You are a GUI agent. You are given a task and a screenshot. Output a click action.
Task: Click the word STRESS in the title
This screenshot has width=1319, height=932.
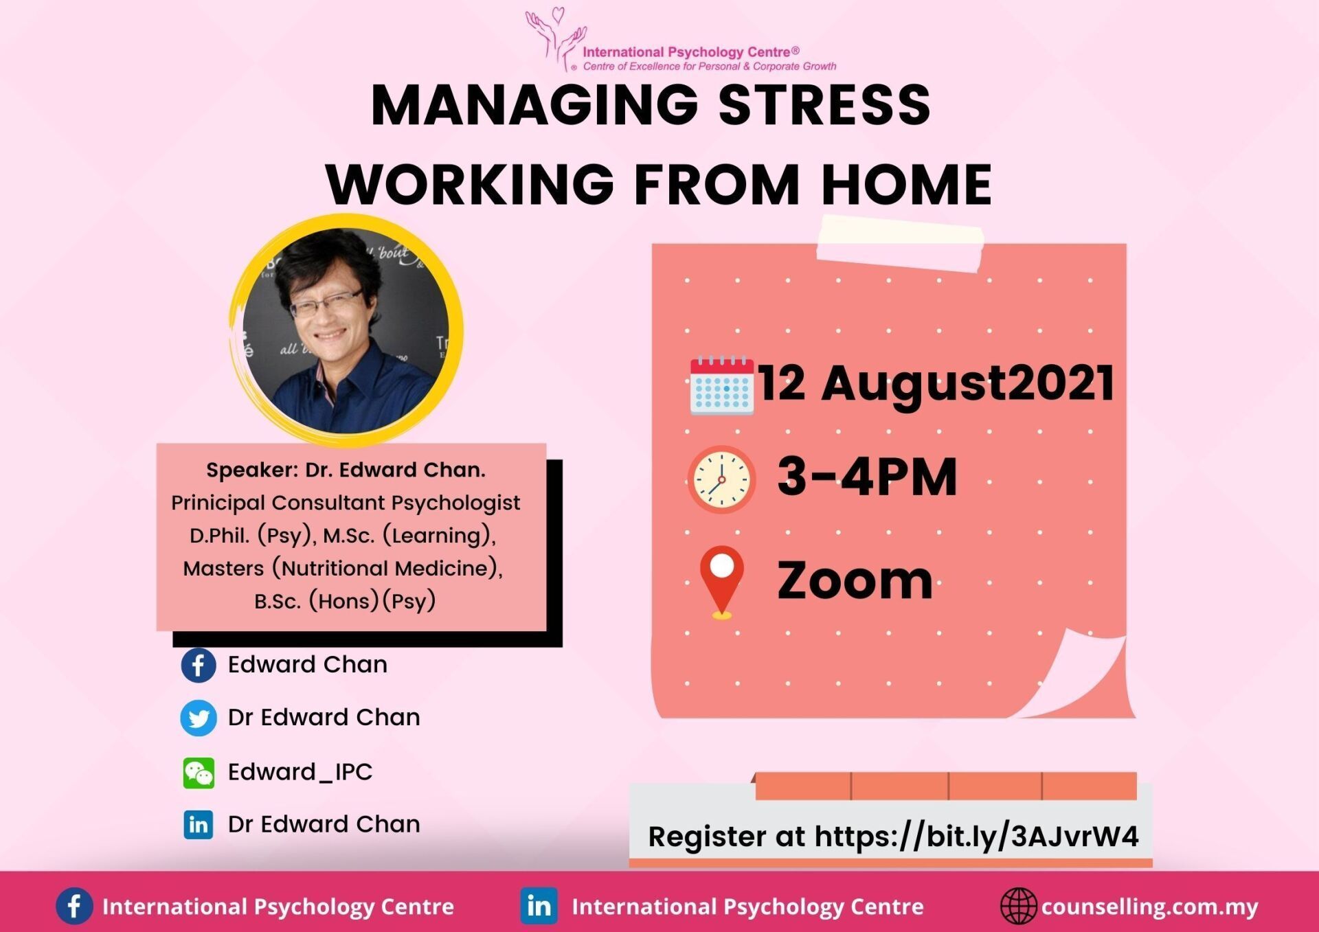[824, 105]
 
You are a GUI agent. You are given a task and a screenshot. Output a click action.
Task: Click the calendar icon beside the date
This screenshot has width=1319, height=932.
[721, 385]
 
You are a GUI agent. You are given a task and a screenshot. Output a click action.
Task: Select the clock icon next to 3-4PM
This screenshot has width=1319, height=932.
[721, 479]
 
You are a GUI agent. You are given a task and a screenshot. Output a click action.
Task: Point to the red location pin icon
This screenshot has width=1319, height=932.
[721, 581]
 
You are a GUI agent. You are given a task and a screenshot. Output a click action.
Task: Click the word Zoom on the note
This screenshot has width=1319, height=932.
[854, 581]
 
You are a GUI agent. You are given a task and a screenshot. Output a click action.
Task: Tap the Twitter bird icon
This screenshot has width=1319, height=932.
[199, 718]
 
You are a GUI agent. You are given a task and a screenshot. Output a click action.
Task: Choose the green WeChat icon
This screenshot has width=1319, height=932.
[199, 773]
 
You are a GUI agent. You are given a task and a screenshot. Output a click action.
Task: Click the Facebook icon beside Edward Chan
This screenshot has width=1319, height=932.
[199, 666]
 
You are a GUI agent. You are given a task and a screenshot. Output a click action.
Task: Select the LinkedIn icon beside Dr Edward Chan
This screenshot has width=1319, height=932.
[199, 824]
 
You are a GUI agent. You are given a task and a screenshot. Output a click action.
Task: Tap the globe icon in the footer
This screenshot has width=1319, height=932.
[1018, 906]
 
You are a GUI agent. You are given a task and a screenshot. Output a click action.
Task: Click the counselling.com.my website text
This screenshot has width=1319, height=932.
[1149, 907]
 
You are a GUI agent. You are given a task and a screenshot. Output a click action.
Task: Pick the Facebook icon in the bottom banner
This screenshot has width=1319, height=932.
[74, 906]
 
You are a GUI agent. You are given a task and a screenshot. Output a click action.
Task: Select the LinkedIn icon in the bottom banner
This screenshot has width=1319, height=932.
[539, 907]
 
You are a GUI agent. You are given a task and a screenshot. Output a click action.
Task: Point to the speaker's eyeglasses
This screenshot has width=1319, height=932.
[326, 303]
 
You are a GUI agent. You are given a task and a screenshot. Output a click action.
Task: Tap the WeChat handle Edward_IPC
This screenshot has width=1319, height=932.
[300, 772]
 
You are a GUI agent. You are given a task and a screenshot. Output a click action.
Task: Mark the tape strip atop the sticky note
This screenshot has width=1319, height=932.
[900, 243]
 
